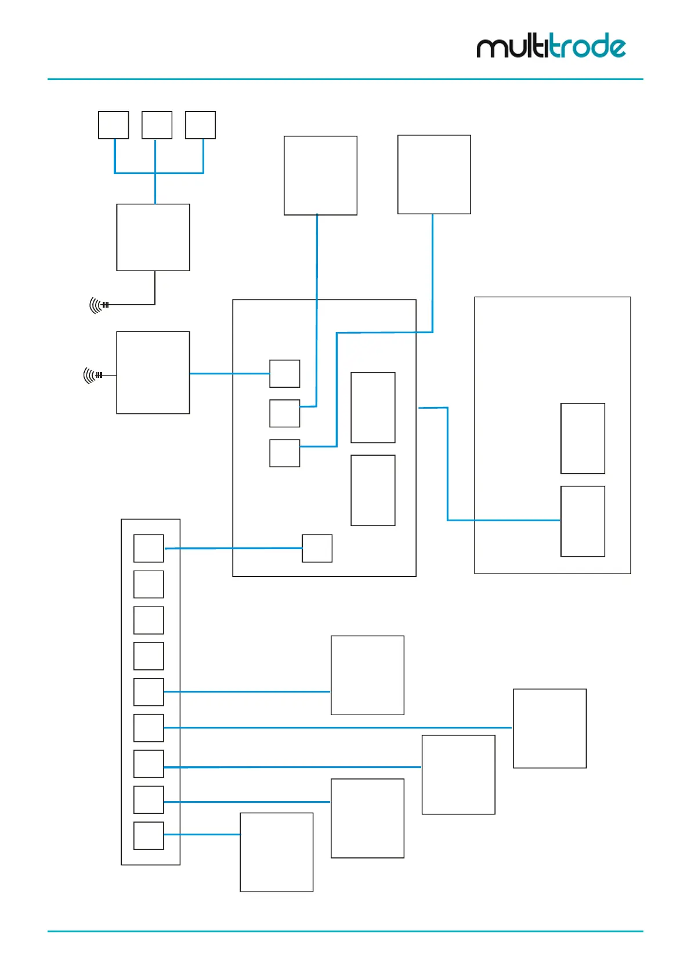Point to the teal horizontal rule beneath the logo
(x=345, y=79)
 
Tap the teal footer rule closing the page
(x=345, y=931)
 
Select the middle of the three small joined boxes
(x=157, y=125)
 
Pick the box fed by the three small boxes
(x=153, y=237)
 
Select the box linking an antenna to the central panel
(x=153, y=373)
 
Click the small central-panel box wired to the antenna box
(x=285, y=373)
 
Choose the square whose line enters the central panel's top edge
(x=320, y=175)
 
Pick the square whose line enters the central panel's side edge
(x=434, y=174)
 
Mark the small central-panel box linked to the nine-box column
(x=317, y=548)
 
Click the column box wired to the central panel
(x=149, y=548)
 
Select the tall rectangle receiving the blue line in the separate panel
(x=583, y=521)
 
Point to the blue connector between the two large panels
(x=447, y=464)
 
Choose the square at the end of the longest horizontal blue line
(x=550, y=728)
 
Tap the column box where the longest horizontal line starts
(x=149, y=728)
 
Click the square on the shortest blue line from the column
(x=277, y=852)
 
